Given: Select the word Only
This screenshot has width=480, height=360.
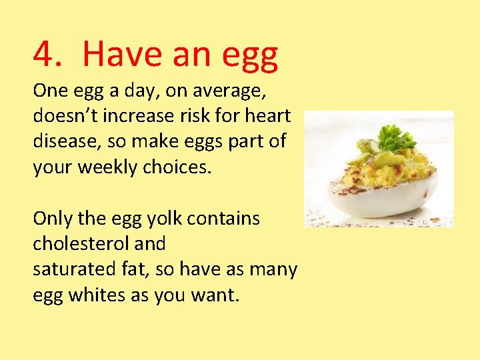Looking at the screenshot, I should coord(51,218).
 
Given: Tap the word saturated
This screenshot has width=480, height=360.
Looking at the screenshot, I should coord(73,269).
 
